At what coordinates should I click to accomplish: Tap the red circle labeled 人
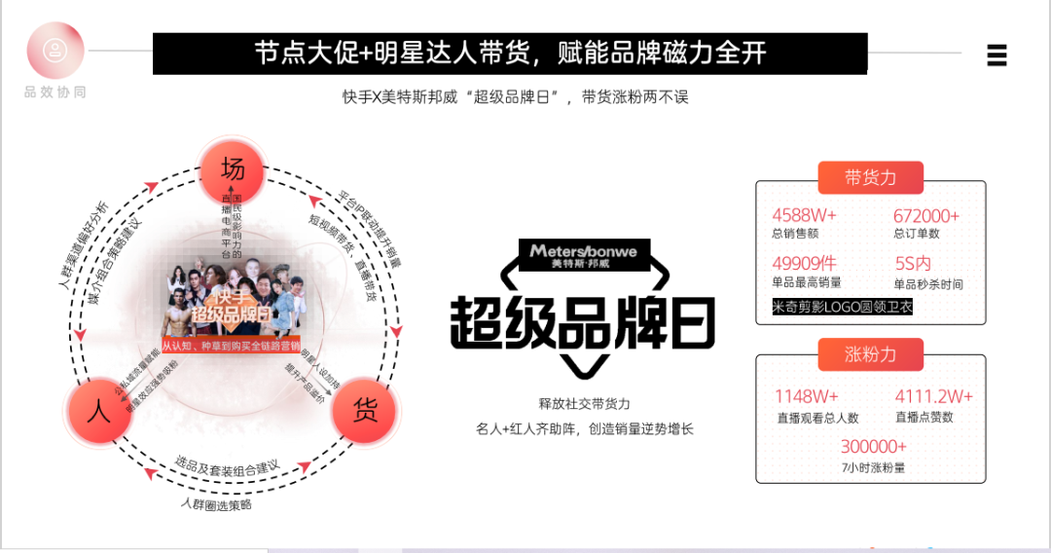coord(98,411)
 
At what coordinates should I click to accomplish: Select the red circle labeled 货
coord(365,411)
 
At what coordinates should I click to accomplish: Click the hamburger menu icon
coord(997,55)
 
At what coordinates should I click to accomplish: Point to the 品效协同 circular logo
coord(55,52)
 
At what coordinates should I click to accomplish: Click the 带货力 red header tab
coord(870,177)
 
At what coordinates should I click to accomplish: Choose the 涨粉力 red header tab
coord(870,353)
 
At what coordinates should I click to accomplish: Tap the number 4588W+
coord(805,215)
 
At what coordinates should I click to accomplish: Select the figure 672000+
coord(926,215)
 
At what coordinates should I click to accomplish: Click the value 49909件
coord(805,263)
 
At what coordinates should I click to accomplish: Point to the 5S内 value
coord(913,263)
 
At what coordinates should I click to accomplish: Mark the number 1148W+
coord(807,396)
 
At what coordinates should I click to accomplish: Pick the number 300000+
coord(874,446)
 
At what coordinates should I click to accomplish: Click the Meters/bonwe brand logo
coord(584,255)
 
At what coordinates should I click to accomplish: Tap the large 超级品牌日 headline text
coord(582,321)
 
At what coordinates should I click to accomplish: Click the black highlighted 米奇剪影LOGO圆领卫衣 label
coord(843,307)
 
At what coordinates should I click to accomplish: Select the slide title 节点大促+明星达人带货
coord(510,54)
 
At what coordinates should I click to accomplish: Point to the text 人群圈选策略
coord(216,504)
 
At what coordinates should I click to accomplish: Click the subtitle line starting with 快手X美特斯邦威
coord(515,97)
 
